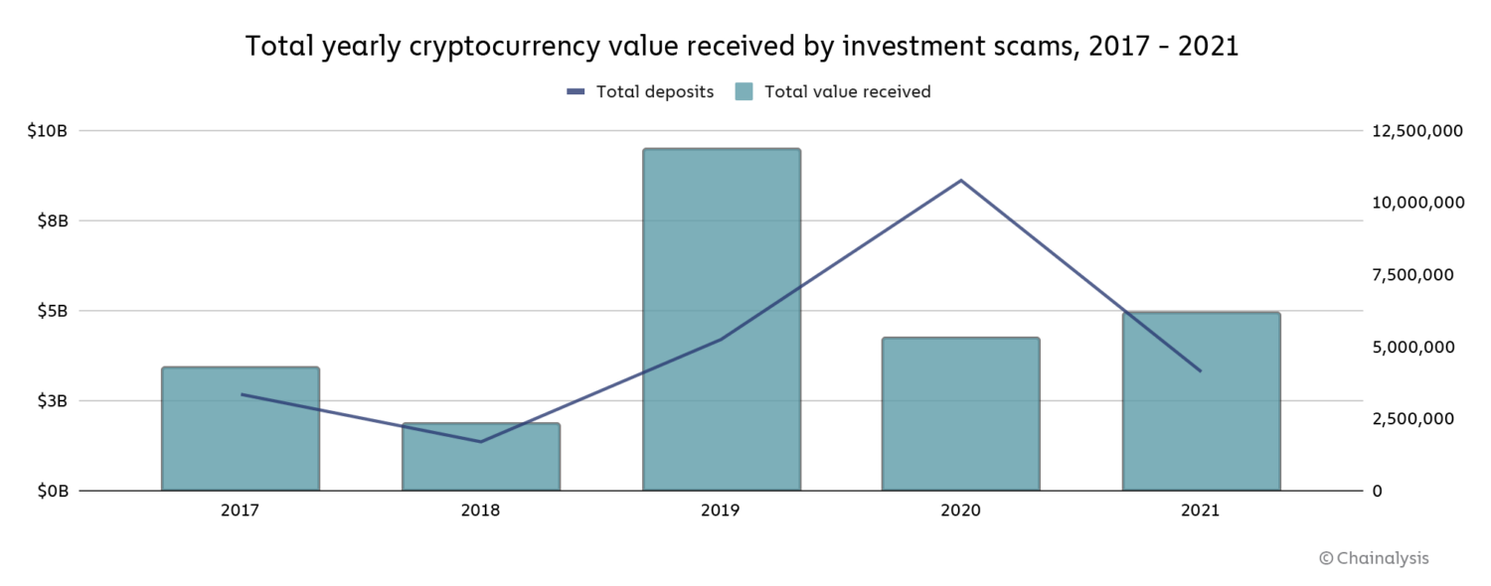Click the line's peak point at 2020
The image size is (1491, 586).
961,180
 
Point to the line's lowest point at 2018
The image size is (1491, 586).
481,442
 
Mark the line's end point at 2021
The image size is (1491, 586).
1201,371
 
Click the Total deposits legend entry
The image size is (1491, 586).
640,91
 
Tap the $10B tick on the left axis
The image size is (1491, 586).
48,130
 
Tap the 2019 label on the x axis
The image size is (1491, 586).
721,511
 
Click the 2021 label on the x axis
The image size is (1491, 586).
1201,511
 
